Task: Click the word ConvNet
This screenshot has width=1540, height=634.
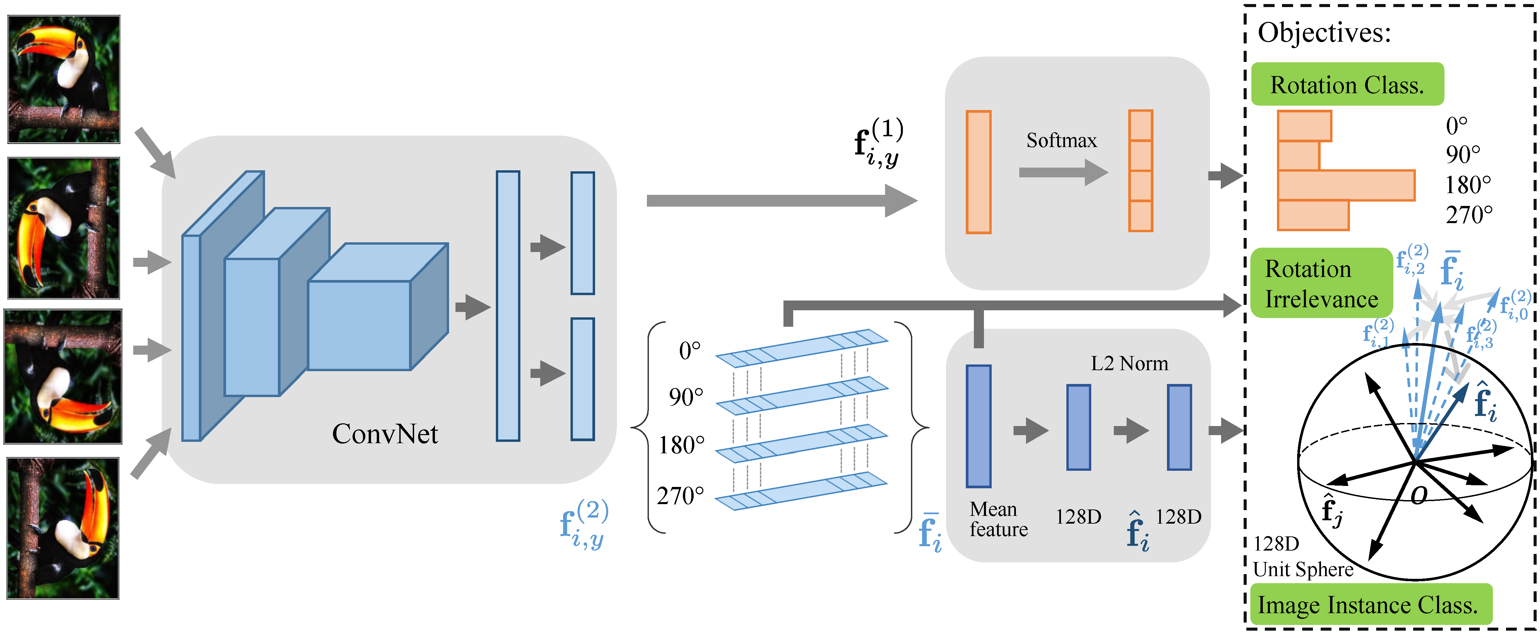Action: click(384, 434)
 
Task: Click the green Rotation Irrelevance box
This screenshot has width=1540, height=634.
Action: click(1321, 283)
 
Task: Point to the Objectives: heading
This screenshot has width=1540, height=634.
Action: click(1324, 32)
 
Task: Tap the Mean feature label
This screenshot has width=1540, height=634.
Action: click(998, 519)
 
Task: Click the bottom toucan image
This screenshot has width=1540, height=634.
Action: click(63, 528)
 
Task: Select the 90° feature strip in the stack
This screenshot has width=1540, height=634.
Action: click(802, 395)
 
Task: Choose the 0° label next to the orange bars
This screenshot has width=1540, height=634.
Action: click(1456, 126)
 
